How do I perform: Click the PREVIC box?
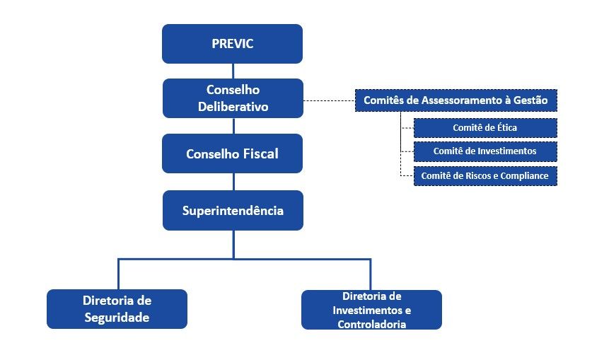[x=232, y=44]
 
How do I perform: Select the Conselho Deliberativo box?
[x=233, y=98]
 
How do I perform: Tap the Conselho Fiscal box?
[x=232, y=153]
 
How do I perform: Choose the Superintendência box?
[x=233, y=210]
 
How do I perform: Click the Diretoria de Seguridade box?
[x=117, y=309]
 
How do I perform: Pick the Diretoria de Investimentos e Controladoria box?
[x=371, y=310]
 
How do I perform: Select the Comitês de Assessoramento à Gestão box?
[x=456, y=100]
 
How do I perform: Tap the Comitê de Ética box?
[x=485, y=128]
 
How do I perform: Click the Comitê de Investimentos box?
[x=485, y=151]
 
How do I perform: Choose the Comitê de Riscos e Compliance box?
[x=485, y=176]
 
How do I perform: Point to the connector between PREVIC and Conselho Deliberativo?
[x=233, y=71]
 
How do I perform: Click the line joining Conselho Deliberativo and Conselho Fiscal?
[x=233, y=126]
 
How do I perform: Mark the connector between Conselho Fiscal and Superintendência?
[x=233, y=182]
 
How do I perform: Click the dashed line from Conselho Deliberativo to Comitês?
[x=329, y=100]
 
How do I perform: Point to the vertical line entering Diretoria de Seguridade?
[x=119, y=274]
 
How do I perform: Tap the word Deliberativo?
[x=233, y=107]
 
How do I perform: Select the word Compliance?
[x=524, y=176]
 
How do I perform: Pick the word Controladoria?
[x=372, y=324]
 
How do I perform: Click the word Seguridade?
[x=117, y=318]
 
